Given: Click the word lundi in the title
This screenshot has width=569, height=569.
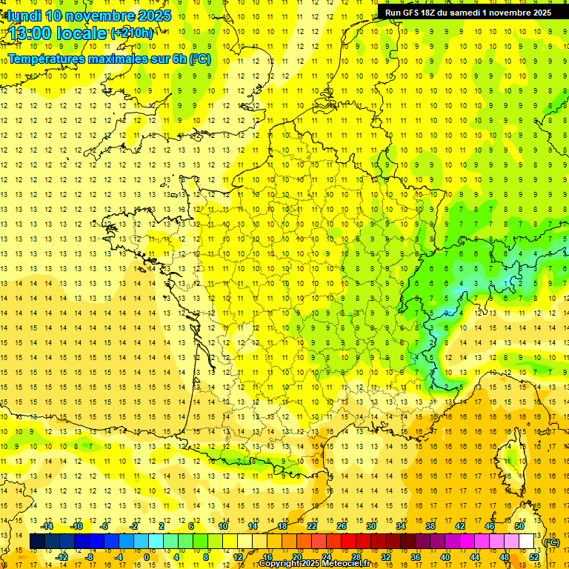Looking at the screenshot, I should tap(24, 16).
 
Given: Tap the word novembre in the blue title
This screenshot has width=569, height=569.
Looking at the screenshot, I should tap(96, 16).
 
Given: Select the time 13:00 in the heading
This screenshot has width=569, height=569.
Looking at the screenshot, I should tap(34, 33).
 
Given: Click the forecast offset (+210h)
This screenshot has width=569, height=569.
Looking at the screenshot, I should tap(132, 33).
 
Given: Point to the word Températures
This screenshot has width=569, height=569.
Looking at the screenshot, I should tap(47, 59).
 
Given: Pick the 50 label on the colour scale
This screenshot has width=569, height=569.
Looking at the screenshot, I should tap(519, 526).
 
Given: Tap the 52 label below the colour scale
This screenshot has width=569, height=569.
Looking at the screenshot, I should tap(534, 557).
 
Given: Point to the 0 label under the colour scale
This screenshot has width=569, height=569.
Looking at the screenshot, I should tap(147, 557).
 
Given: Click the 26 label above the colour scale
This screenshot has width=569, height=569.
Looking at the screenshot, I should tap(342, 526).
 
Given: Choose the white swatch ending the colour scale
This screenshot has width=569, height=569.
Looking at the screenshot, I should tap(527, 542).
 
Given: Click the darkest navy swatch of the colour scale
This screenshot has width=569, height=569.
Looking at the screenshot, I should tap(37, 542).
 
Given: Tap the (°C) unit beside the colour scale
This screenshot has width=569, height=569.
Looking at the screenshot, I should tap(552, 542).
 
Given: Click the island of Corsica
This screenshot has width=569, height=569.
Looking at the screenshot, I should tap(510, 456).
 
